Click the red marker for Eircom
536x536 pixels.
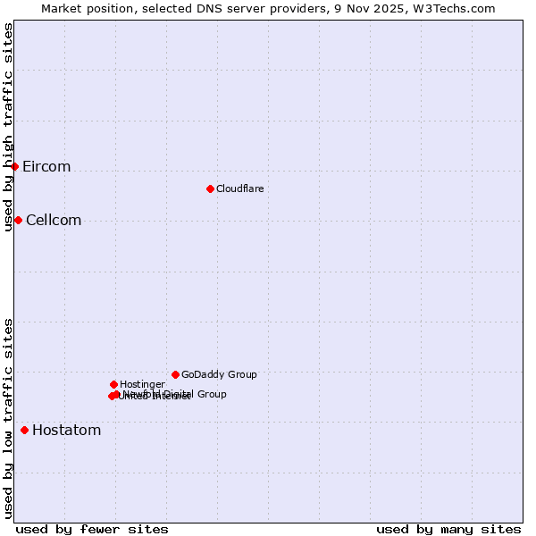click(15, 166)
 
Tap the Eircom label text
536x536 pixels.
click(46, 167)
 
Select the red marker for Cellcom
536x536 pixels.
click(18, 220)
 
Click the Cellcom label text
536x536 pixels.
click(54, 221)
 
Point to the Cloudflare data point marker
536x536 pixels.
click(210, 188)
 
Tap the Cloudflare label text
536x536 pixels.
click(240, 188)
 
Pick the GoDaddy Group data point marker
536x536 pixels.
click(175, 374)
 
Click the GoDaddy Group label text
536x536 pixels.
click(219, 374)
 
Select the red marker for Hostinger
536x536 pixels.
click(113, 384)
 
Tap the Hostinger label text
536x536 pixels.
click(142, 384)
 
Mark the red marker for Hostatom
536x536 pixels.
click(24, 431)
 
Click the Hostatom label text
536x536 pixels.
click(67, 431)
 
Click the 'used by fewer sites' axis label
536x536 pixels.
click(92, 529)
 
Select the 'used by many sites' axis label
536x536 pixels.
click(448, 529)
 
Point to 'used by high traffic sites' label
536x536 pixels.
click(9, 128)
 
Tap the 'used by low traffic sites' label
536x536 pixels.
click(9, 417)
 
